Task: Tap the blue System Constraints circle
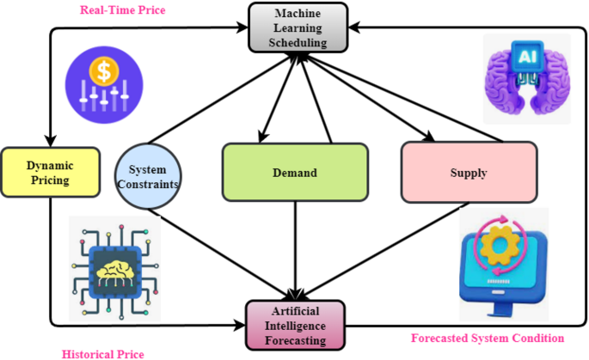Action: click(x=147, y=175)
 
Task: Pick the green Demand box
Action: click(x=295, y=173)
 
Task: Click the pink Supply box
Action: click(x=469, y=173)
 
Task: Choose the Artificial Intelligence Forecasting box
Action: click(x=295, y=324)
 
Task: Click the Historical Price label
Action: click(x=102, y=353)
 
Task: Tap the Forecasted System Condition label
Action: click(x=487, y=338)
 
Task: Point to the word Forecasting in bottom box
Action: click(x=295, y=340)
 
